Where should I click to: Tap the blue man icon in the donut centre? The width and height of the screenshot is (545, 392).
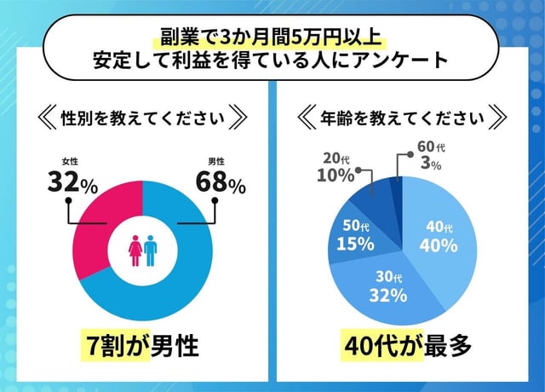[x=151, y=251]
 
